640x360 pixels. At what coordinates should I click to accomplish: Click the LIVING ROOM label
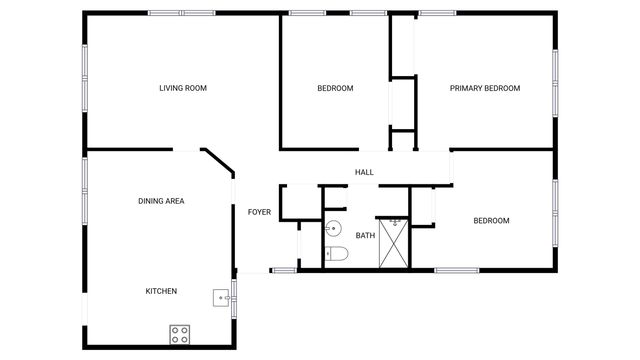click(183, 88)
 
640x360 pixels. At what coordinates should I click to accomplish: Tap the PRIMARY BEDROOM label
click(485, 88)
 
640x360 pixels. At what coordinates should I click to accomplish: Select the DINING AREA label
click(161, 201)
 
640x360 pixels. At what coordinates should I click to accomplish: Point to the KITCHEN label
click(161, 291)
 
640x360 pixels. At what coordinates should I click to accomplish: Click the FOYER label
click(260, 212)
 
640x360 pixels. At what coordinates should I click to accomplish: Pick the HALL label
click(364, 172)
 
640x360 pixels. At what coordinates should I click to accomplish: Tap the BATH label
click(365, 236)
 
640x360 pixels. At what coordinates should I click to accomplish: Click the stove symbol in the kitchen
click(180, 333)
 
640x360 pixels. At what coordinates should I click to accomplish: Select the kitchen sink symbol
click(220, 296)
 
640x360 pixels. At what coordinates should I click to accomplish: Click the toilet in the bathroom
click(336, 254)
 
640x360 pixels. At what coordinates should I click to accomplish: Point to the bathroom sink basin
click(334, 227)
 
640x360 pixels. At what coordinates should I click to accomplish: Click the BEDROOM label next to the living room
click(335, 88)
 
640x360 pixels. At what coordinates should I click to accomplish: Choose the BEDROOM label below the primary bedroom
click(491, 220)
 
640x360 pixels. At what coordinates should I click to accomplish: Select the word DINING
click(151, 201)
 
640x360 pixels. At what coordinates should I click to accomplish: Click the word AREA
click(175, 201)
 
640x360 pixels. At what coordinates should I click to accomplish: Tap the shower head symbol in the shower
click(396, 222)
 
